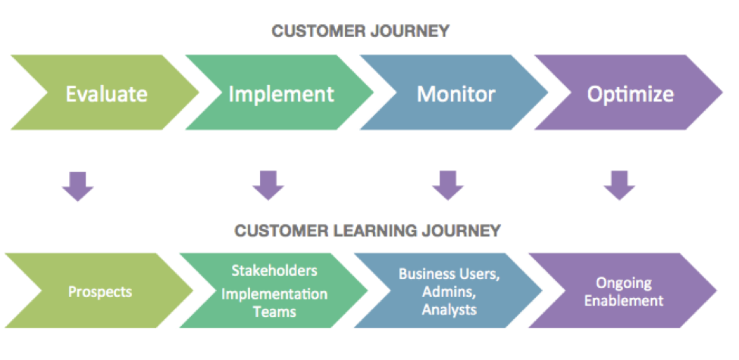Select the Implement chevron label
click(x=280, y=94)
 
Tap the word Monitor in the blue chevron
click(x=456, y=94)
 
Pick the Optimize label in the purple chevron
click(x=630, y=94)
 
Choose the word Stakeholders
click(x=274, y=271)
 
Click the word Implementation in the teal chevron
click(x=274, y=293)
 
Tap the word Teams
click(x=274, y=310)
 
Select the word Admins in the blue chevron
click(x=449, y=292)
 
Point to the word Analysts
click(x=449, y=309)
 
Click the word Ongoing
click(x=623, y=283)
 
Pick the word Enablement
click(x=623, y=300)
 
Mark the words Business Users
click(x=449, y=274)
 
